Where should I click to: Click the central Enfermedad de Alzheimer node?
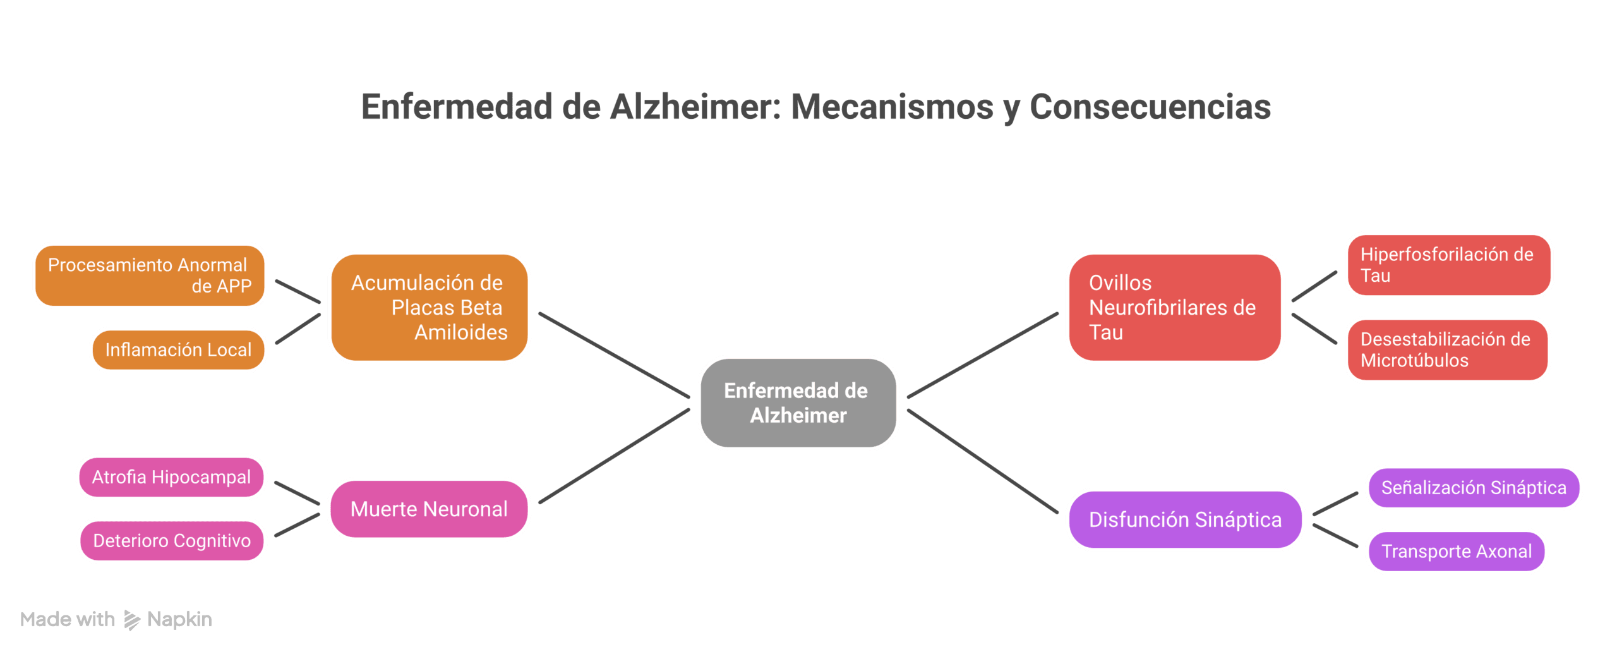[798, 403]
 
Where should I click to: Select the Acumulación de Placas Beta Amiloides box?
[429, 308]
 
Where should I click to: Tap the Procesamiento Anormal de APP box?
[150, 275]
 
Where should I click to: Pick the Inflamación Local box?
[179, 349]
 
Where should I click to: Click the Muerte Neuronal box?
[429, 509]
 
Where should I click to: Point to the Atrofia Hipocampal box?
[171, 477]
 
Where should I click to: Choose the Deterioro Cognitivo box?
[172, 541]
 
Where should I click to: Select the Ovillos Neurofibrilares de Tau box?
[1174, 308]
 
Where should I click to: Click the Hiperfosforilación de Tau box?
[1448, 265]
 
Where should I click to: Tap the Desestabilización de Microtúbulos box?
[1447, 349]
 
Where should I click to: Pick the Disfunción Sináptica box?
[1185, 519]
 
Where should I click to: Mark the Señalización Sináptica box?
[1473, 488]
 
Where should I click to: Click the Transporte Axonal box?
[1456, 551]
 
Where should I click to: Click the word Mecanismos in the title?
[891, 107]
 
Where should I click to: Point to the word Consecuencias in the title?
[1150, 107]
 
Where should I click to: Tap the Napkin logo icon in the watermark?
[131, 620]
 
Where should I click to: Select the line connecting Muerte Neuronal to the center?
[613, 457]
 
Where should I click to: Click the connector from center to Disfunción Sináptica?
[982, 461]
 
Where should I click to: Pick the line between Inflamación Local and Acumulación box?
[298, 329]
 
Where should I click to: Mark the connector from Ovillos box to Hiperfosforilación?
[1314, 286]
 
